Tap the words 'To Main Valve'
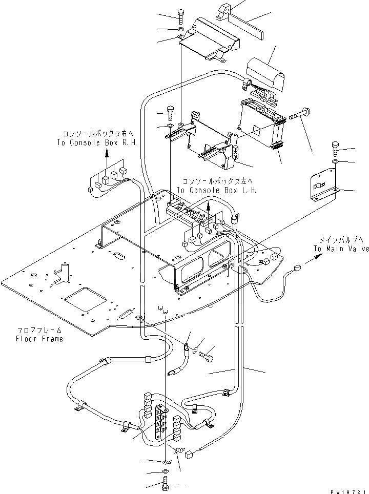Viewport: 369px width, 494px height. pos(341,249)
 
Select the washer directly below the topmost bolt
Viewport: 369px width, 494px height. pos(181,31)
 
